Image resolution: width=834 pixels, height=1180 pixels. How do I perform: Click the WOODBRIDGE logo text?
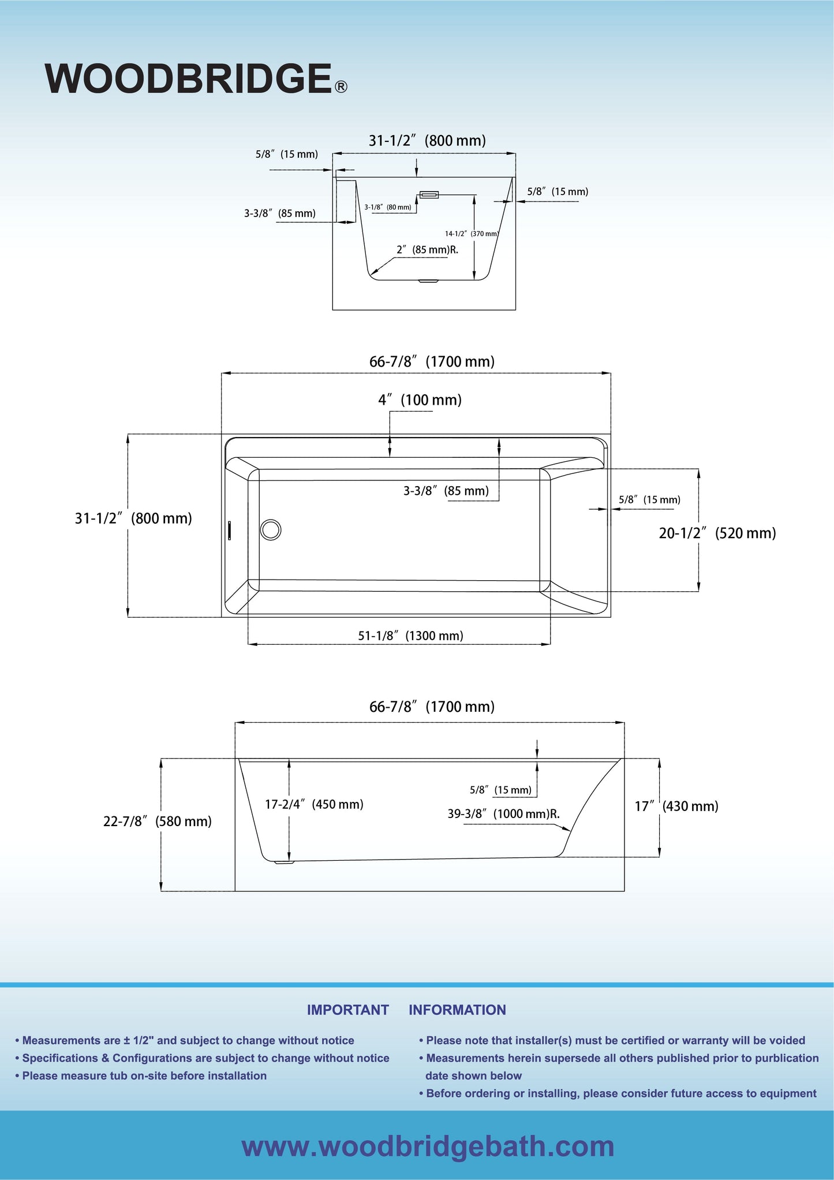click(x=188, y=79)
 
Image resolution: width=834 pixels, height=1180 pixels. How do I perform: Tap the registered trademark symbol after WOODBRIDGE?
click(x=341, y=87)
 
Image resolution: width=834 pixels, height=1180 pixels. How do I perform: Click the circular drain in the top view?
click(x=271, y=529)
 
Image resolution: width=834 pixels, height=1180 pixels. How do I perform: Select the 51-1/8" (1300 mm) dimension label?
click(x=410, y=636)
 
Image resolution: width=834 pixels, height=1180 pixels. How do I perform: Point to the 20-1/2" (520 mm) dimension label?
click(x=717, y=533)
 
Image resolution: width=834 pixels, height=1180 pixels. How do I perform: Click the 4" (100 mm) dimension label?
click(x=420, y=400)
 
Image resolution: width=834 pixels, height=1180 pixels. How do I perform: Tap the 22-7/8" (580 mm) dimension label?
click(x=157, y=821)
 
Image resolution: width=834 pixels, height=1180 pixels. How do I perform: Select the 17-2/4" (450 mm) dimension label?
click(x=314, y=804)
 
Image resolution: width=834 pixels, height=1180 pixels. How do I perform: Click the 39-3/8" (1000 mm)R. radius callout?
click(x=503, y=814)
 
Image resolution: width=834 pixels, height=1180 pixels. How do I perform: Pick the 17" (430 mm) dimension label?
click(x=676, y=806)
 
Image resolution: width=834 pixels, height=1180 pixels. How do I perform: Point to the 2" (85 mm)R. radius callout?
click(x=427, y=250)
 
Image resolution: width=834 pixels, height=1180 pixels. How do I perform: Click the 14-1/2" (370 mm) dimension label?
click(x=471, y=234)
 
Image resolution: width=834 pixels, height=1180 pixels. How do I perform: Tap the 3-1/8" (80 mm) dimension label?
click(x=388, y=207)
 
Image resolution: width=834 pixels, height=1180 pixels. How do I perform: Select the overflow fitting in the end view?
click(x=429, y=195)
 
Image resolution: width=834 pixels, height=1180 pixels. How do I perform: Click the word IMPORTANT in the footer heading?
click(x=347, y=1010)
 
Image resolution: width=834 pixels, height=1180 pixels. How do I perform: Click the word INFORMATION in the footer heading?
click(x=457, y=1010)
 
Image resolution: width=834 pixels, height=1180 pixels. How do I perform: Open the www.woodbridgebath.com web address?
click(x=428, y=1147)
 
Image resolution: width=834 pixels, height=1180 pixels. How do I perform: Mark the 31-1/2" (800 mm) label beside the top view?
click(x=133, y=518)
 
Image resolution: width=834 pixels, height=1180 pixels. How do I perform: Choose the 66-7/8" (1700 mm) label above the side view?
click(x=432, y=707)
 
